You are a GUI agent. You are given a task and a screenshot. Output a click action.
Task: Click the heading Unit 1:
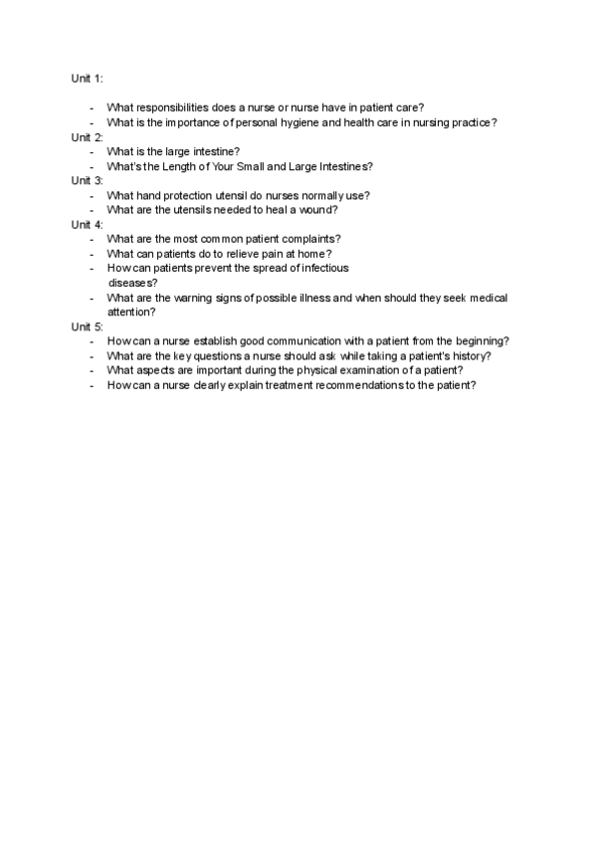pyautogui.click(x=87, y=78)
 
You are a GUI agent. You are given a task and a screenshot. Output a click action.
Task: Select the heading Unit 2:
pyautogui.click(x=87, y=136)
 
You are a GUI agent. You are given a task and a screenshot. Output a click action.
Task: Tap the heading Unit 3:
pyautogui.click(x=87, y=180)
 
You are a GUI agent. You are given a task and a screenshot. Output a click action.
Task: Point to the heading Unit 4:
pyautogui.click(x=87, y=224)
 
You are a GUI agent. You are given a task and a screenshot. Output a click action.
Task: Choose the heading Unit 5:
pyautogui.click(x=87, y=325)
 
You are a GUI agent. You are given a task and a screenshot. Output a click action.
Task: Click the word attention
pyautogui.click(x=130, y=312)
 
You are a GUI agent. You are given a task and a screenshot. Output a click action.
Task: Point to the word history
pyautogui.click(x=469, y=355)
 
